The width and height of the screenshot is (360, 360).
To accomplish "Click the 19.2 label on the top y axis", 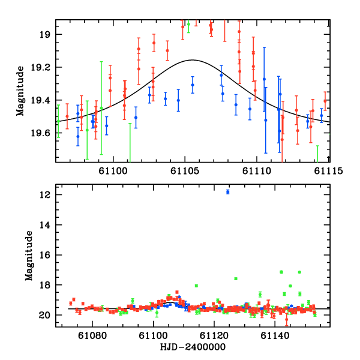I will click(44, 67).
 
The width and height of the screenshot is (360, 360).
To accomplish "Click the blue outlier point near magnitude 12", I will click(228, 191).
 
